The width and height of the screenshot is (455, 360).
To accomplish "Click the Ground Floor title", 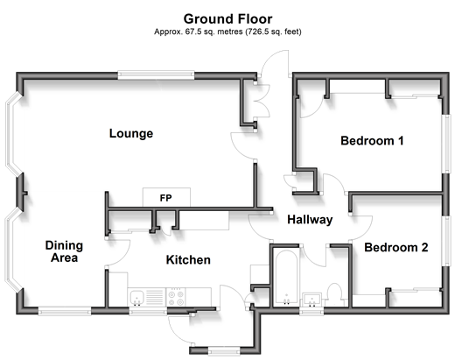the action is [x=227, y=19].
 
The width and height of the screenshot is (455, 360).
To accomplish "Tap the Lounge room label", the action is [x=131, y=133].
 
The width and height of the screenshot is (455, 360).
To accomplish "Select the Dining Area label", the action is [x=64, y=251].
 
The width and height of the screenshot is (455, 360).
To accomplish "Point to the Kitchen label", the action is [x=188, y=259].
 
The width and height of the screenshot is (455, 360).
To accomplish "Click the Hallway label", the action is [x=310, y=220].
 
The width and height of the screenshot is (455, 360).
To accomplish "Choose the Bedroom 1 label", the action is [x=372, y=141].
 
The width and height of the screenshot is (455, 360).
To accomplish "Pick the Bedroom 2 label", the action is [x=396, y=247].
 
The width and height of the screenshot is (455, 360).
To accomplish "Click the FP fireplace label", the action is [x=166, y=198].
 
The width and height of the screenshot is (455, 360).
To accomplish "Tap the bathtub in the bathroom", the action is [x=286, y=278].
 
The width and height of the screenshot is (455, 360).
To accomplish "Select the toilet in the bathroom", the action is [x=334, y=294].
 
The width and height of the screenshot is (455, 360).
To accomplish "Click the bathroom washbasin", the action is [x=311, y=300].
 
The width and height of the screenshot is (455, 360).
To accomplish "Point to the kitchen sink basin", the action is [x=136, y=297].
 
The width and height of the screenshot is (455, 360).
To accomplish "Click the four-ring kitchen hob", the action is [x=176, y=297].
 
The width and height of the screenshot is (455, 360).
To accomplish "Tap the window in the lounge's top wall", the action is [x=156, y=75].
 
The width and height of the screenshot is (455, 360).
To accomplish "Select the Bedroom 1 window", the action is [x=446, y=144].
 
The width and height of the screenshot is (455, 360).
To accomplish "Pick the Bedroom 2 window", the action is [x=446, y=241].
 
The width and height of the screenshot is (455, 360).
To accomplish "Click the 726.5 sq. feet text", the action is [x=274, y=32].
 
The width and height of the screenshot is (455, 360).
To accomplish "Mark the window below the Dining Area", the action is [x=65, y=312].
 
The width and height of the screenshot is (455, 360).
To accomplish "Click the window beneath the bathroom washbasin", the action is [x=311, y=312].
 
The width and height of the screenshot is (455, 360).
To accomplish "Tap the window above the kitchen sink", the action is [x=148, y=312].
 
